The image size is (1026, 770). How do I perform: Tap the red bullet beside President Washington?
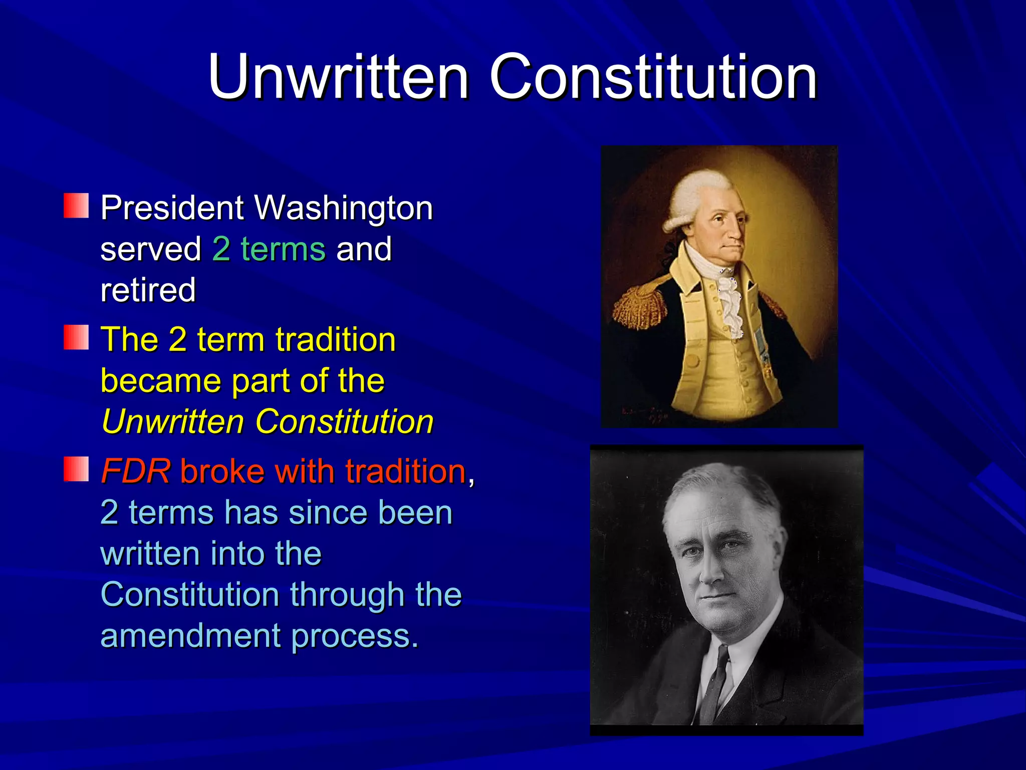76,206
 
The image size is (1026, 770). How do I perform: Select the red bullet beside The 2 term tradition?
76,337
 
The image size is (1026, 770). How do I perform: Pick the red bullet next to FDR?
76,469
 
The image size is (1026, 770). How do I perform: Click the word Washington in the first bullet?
344,208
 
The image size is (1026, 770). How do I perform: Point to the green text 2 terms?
269,249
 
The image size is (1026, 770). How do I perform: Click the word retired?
148,290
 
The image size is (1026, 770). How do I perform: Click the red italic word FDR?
136,471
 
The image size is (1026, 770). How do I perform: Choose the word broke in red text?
222,471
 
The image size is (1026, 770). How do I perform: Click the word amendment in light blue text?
190,636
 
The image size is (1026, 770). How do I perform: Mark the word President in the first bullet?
172,208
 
